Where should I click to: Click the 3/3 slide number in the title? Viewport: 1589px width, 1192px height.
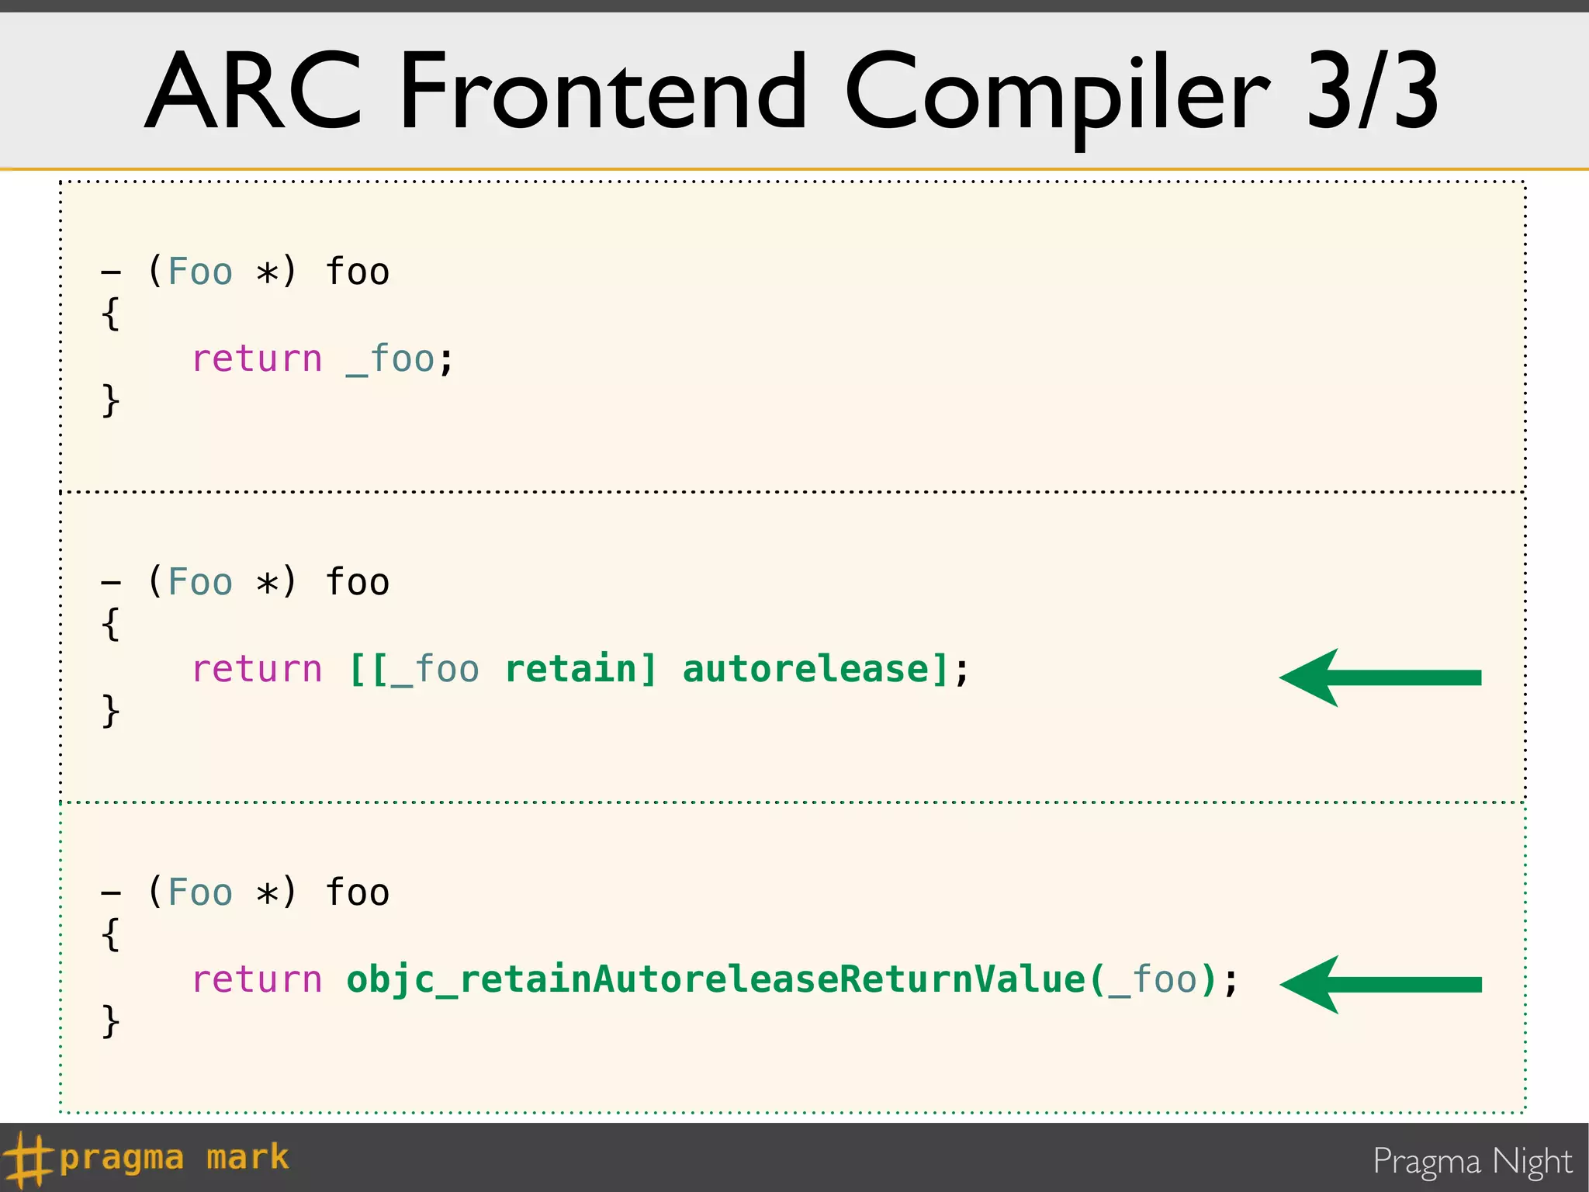coord(1372,91)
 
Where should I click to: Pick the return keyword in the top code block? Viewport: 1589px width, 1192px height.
coord(257,359)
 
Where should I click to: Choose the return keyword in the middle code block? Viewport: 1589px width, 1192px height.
coord(257,670)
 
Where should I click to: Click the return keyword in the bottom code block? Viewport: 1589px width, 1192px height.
coord(257,980)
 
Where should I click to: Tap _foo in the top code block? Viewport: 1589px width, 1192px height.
coord(390,359)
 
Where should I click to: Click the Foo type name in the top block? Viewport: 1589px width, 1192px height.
coord(200,272)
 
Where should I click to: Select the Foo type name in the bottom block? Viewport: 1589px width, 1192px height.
coord(200,893)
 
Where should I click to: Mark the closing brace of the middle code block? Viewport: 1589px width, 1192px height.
coord(111,711)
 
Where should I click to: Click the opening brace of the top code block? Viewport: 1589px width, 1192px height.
coord(111,314)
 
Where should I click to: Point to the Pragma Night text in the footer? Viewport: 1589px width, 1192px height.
coord(1472,1162)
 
